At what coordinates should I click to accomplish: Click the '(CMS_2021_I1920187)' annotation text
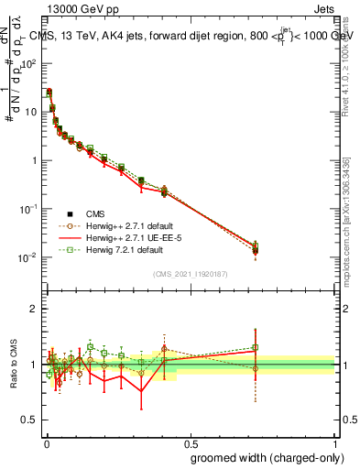point(191,273)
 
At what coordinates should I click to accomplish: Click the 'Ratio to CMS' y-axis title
point(13,364)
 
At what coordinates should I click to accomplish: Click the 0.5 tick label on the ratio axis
point(32,420)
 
